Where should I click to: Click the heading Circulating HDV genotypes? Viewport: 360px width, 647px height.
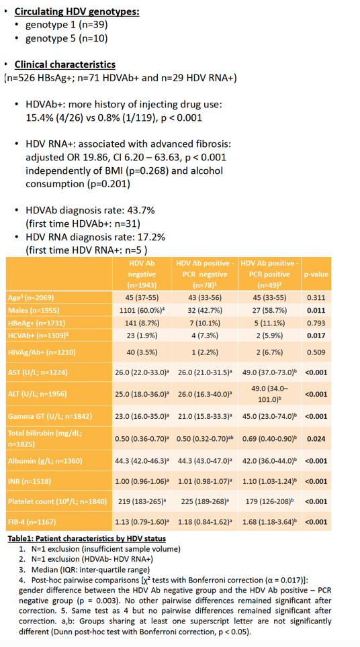point(77,11)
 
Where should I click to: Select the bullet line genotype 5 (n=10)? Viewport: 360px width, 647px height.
point(66,39)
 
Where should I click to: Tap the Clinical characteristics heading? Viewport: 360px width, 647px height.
point(65,65)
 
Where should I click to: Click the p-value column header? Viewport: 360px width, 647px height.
point(316,274)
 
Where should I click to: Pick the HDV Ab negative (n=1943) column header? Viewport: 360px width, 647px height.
point(142,274)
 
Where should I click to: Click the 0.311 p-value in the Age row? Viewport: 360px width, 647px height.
point(316,297)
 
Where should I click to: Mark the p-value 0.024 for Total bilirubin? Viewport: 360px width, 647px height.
point(316,438)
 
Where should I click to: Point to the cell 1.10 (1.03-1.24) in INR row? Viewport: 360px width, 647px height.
point(271,481)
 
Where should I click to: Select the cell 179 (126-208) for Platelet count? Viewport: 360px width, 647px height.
point(271,502)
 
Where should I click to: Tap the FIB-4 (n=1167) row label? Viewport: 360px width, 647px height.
point(32,522)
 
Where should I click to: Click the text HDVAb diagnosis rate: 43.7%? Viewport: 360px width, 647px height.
point(90,211)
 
